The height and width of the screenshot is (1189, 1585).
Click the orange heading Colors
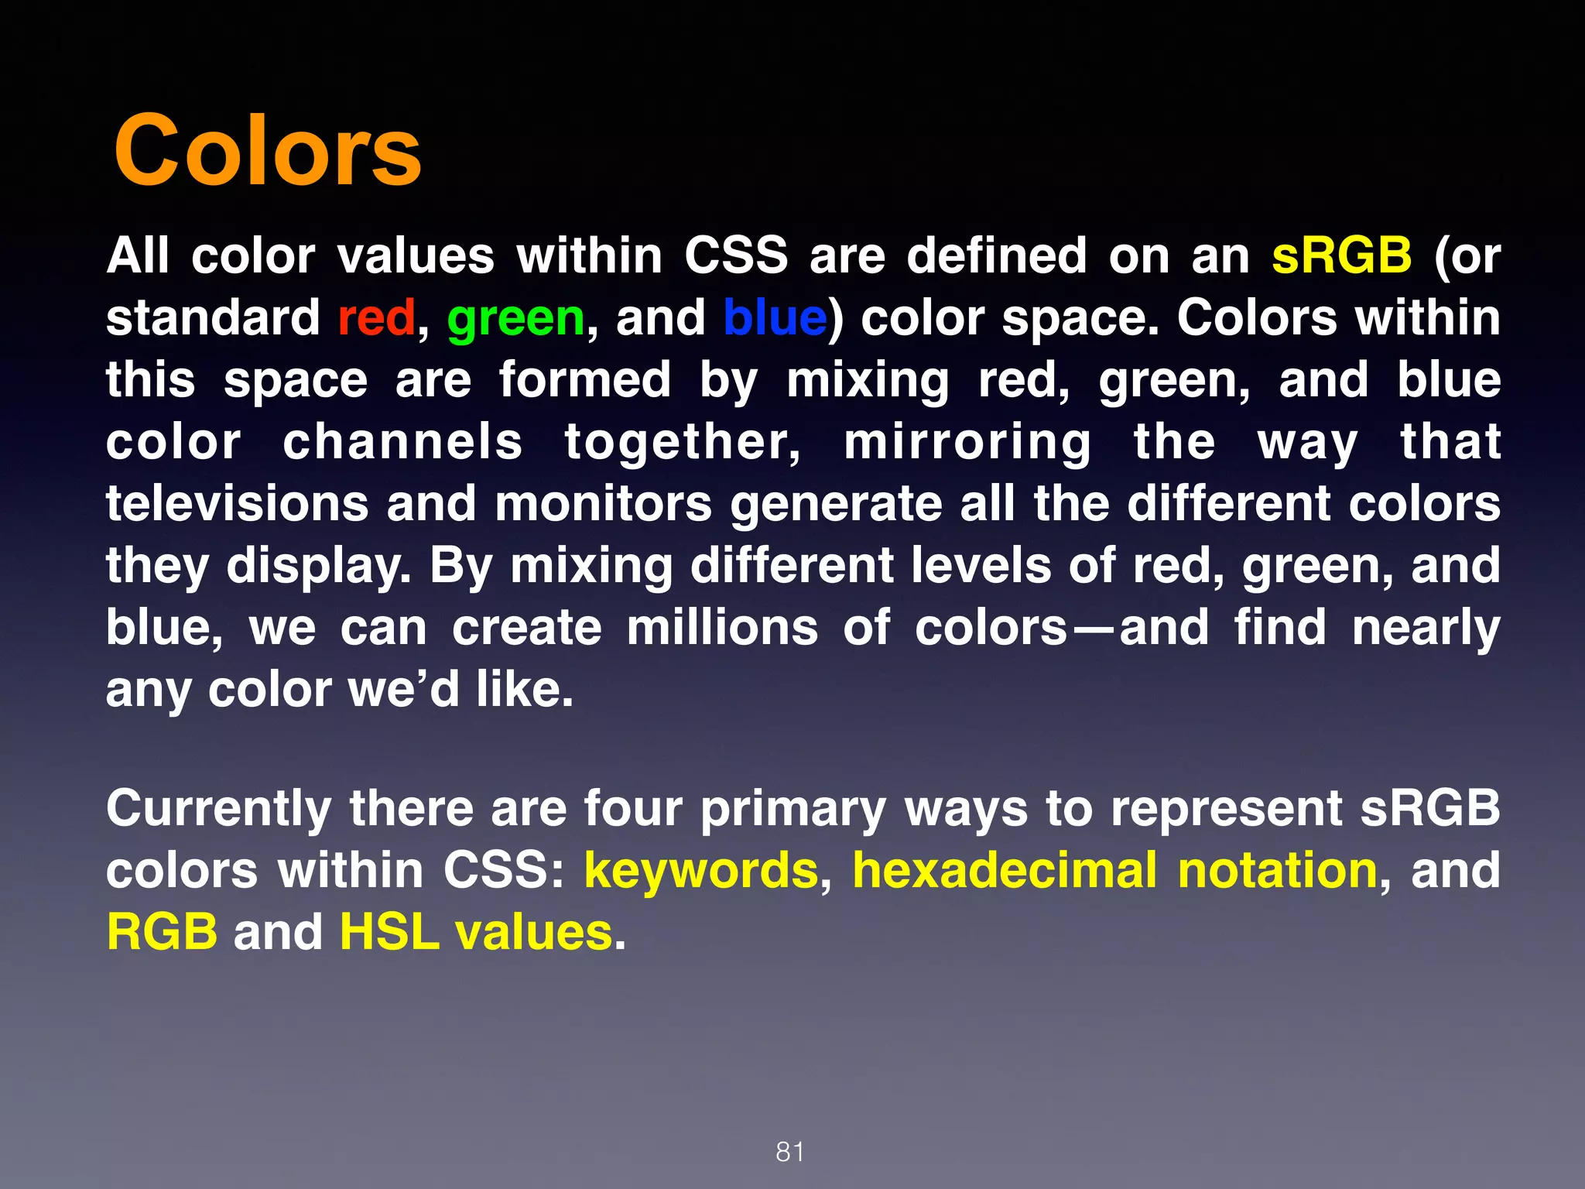pyautogui.click(x=268, y=150)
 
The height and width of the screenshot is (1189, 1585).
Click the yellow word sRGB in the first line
pyautogui.click(x=1341, y=255)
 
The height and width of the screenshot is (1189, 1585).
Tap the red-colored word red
pyautogui.click(x=376, y=317)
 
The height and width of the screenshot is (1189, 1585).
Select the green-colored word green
pyautogui.click(x=516, y=319)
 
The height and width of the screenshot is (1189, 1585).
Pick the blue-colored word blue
pyautogui.click(x=775, y=317)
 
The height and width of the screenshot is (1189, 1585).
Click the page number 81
pyautogui.click(x=790, y=1152)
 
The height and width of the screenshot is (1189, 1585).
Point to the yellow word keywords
pyautogui.click(x=701, y=870)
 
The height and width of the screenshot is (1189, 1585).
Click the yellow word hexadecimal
pyautogui.click(x=1005, y=870)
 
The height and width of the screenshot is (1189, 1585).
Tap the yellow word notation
pyautogui.click(x=1278, y=870)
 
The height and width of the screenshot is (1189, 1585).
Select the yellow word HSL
pyautogui.click(x=389, y=931)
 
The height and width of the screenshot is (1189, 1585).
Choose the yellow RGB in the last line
pyautogui.click(x=163, y=931)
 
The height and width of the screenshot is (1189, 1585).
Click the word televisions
pyautogui.click(x=238, y=503)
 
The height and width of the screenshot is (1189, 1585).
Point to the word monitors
pyautogui.click(x=603, y=503)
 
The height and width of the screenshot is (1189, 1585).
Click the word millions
pyautogui.click(x=722, y=627)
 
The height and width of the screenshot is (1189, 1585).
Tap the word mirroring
pyautogui.click(x=967, y=443)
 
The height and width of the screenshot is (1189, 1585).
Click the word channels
pyautogui.click(x=402, y=441)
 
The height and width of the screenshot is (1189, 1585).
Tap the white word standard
pyautogui.click(x=213, y=317)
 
